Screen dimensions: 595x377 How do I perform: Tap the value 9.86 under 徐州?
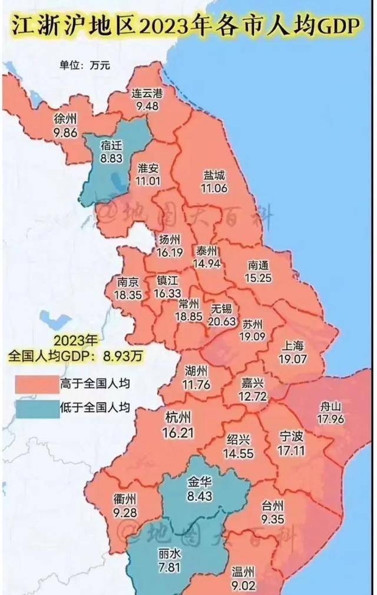(x=65, y=133)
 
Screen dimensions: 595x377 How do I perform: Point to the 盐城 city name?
(x=214, y=176)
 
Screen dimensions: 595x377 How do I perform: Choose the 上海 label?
(x=294, y=345)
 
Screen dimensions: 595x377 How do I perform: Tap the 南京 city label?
(x=129, y=281)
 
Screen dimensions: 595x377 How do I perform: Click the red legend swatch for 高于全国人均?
(x=38, y=384)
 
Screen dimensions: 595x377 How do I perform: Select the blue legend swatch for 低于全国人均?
(x=38, y=408)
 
